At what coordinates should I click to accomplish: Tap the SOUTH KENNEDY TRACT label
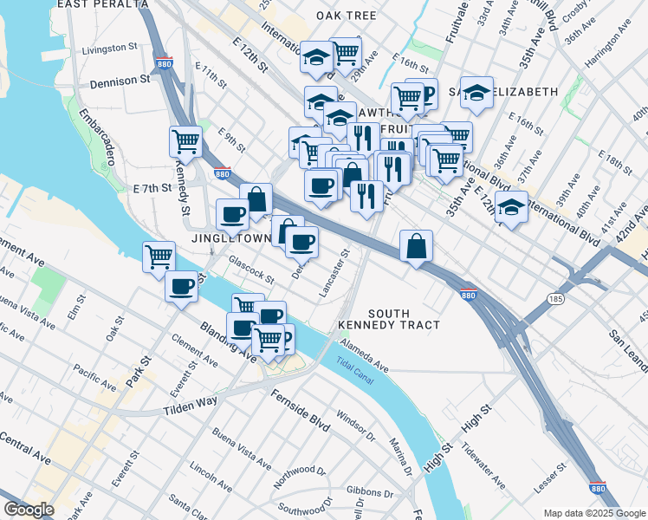point(403,319)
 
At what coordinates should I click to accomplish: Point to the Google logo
point(29,509)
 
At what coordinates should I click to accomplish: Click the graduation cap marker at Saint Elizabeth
point(476,92)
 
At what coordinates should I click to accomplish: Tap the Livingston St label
point(110,49)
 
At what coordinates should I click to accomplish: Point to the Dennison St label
point(120,81)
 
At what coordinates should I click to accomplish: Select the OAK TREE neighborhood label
point(346,16)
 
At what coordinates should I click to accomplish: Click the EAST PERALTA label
point(102,4)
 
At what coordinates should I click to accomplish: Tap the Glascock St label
point(250,270)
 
